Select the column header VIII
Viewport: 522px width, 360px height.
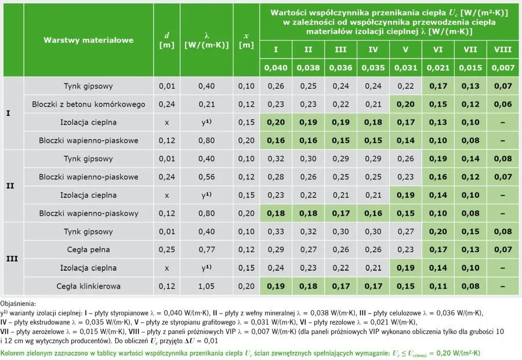pyautogui.click(x=502, y=50)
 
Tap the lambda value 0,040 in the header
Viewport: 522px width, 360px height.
pyautogui.click(x=276, y=68)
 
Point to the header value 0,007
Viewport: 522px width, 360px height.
pyautogui.click(x=502, y=68)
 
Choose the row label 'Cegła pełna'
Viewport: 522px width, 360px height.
pyautogui.click(x=88, y=249)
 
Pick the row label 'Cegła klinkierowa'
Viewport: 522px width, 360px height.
pyautogui.click(x=88, y=285)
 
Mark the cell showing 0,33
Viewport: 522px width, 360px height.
pyautogui.click(x=276, y=231)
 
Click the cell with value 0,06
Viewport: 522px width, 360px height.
pyautogui.click(x=502, y=104)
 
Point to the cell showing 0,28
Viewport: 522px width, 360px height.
pyautogui.click(x=276, y=177)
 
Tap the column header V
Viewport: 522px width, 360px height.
pyautogui.click(x=405, y=50)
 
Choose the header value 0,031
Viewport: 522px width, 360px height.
pyautogui.click(x=405, y=68)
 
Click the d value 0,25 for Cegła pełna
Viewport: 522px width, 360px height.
pyautogui.click(x=166, y=249)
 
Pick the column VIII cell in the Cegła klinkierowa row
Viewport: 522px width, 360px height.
pyautogui.click(x=502, y=285)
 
